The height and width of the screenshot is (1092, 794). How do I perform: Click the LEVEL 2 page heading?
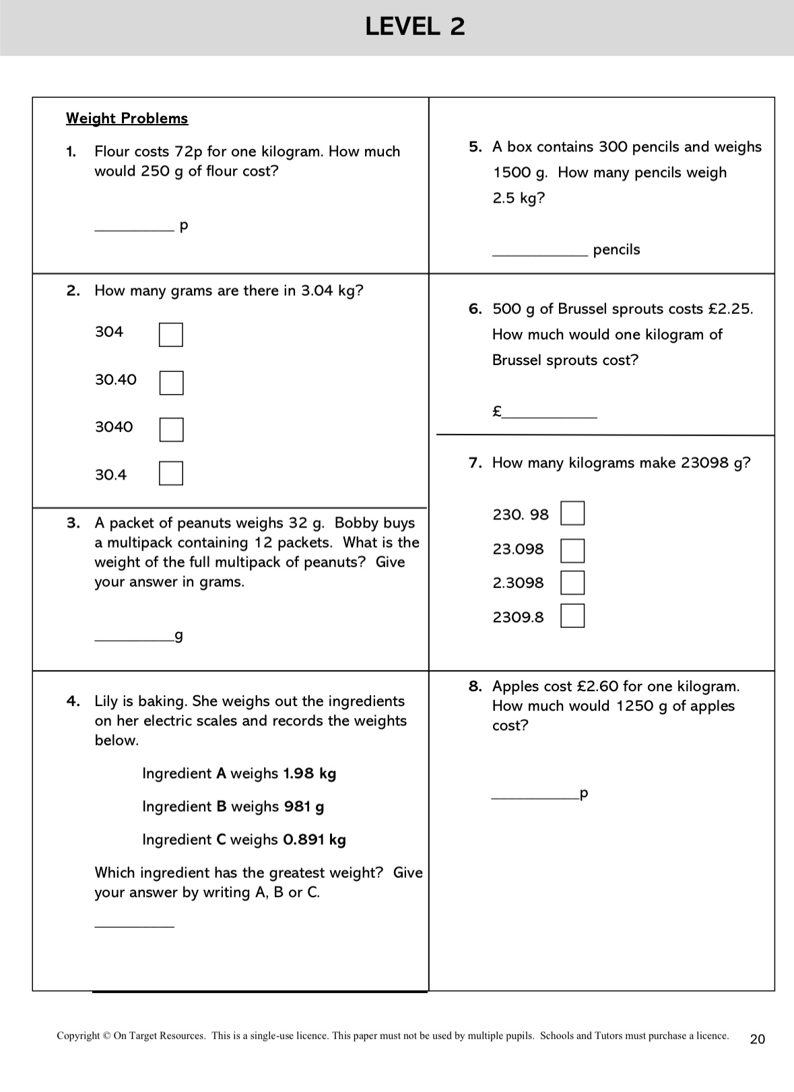(415, 27)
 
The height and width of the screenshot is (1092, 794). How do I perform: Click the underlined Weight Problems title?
(127, 119)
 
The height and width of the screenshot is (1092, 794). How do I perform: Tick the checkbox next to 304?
(171, 335)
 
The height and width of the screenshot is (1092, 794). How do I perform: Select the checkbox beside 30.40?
(171, 383)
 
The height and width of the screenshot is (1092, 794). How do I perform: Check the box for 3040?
(171, 430)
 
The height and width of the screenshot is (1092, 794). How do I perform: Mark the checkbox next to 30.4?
(171, 473)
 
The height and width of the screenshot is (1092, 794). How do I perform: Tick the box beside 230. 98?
(572, 513)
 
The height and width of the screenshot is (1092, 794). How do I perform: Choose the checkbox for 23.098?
(572, 550)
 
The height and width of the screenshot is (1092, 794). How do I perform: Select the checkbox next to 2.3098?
(572, 583)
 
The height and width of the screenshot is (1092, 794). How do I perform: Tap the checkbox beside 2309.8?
(572, 616)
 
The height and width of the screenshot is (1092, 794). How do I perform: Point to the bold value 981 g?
(304, 806)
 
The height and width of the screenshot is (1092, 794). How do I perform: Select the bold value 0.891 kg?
(315, 839)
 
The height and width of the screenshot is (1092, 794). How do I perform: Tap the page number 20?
(758, 1039)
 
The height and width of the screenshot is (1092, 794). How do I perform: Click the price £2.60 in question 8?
(597, 686)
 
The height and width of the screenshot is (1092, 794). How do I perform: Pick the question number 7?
(475, 463)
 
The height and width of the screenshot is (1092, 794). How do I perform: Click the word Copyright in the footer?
(78, 1036)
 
